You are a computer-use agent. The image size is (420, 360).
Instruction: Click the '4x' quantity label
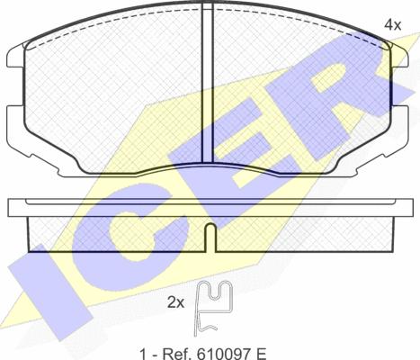pos(392,25)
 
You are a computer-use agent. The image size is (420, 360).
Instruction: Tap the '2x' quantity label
pos(175,303)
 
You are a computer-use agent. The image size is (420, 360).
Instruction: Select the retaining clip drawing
pos(213,308)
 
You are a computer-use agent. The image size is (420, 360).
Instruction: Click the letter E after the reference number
pos(261,354)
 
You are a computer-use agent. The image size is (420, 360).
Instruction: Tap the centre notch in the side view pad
pos(210,238)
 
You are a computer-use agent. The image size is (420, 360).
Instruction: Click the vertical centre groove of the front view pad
pos(208,83)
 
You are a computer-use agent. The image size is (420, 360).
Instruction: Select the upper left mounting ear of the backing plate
pos(15,57)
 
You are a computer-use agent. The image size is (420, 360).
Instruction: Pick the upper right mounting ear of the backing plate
pos(400,57)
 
